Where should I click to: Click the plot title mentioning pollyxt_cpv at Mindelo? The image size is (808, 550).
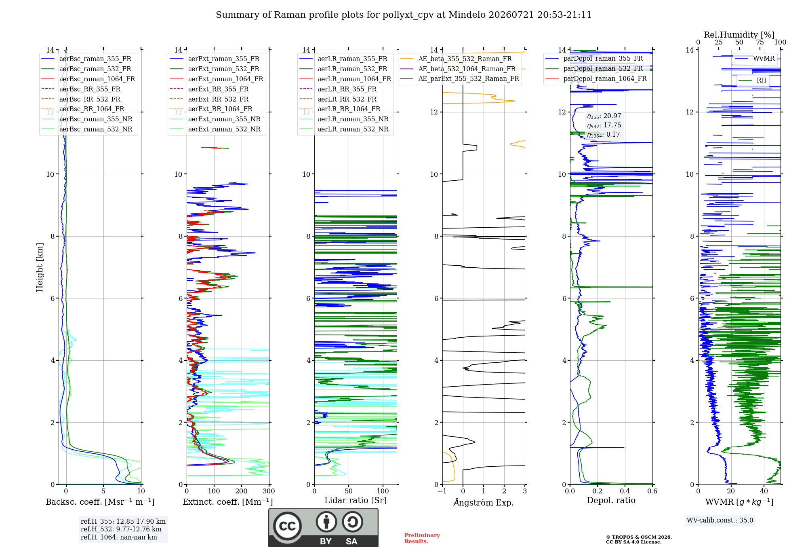click(404, 15)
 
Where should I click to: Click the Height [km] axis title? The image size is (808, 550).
click(40, 267)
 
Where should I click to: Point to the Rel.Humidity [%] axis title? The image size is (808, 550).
click(739, 35)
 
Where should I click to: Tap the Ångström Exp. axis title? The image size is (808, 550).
click(484, 502)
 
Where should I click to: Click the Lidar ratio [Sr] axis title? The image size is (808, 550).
click(356, 500)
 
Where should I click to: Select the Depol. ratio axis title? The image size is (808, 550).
click(611, 500)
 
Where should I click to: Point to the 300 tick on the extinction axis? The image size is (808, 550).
click(269, 491)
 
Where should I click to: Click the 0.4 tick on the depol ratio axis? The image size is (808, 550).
click(625, 491)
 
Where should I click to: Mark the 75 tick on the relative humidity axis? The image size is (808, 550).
click(760, 42)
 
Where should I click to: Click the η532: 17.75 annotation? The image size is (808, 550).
click(604, 125)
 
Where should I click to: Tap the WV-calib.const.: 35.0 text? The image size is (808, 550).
click(720, 520)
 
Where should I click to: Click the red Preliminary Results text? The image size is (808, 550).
click(422, 538)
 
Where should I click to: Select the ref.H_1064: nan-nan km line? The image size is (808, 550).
click(119, 537)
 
